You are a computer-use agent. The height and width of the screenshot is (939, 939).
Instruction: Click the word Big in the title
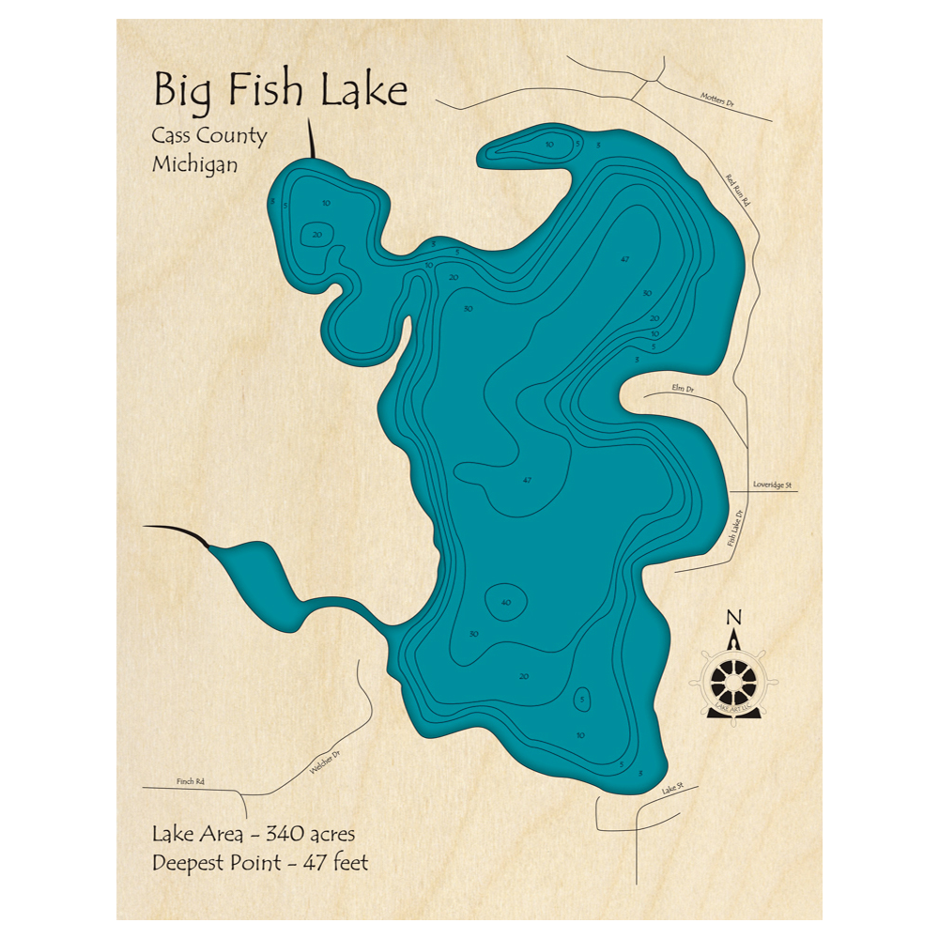[x=183, y=93]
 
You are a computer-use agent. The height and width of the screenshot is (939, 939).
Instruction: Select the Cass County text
[x=209, y=135]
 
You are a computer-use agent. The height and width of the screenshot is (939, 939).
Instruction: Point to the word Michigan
[x=194, y=163]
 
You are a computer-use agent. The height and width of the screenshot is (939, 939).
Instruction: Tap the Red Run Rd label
[x=741, y=192]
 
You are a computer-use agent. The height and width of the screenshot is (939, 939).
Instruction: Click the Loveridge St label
[x=774, y=485]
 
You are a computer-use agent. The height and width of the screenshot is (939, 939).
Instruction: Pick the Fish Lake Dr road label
[x=734, y=530]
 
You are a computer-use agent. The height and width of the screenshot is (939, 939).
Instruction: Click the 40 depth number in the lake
[x=506, y=602]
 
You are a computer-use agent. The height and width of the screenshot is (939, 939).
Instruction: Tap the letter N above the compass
[x=734, y=617]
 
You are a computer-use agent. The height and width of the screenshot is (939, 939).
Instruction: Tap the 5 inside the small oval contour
[x=583, y=699]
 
